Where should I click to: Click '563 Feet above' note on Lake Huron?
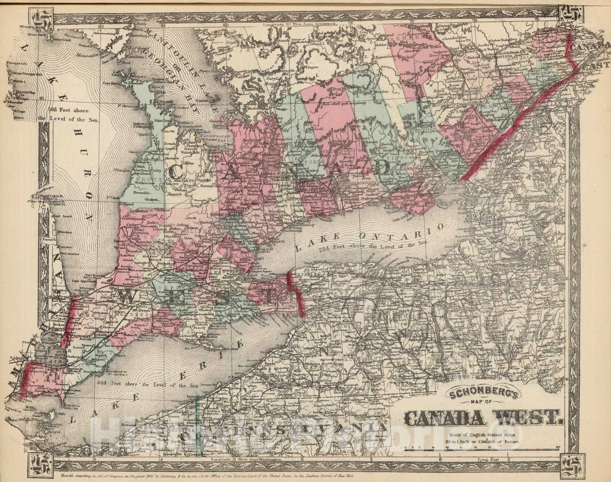pos(69,109)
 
